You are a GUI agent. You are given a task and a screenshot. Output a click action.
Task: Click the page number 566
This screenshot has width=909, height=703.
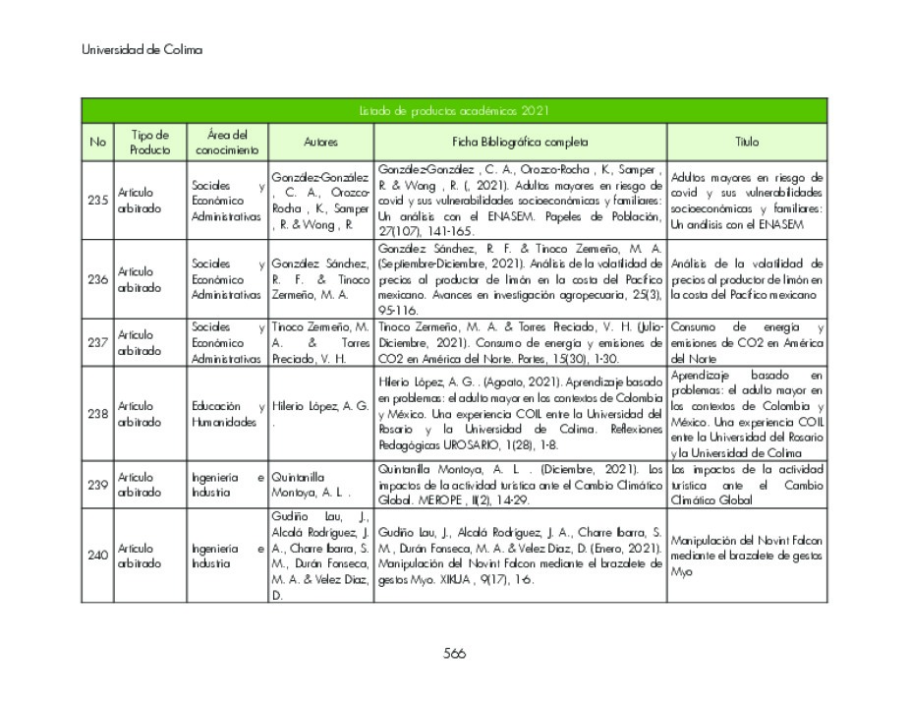click(454, 653)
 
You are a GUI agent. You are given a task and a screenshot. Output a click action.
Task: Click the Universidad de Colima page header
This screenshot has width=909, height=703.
click(142, 49)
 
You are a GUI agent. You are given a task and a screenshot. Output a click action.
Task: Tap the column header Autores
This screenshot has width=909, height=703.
click(320, 142)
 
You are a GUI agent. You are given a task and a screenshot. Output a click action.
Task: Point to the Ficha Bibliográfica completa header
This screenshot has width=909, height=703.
click(520, 142)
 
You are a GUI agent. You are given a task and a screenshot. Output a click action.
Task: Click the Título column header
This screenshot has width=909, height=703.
click(747, 142)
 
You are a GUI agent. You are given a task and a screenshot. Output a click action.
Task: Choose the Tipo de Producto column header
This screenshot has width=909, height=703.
click(149, 142)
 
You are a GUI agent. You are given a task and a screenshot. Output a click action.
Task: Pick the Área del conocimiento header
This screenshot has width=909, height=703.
click(227, 142)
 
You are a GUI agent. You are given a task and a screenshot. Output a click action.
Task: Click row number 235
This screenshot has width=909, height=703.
click(97, 200)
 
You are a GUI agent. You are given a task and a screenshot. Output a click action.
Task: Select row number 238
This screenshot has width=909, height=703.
click(97, 414)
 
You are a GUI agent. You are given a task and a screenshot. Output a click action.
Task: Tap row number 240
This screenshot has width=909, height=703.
click(97, 556)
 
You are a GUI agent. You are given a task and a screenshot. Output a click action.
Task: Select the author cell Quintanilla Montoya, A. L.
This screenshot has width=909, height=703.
click(320, 485)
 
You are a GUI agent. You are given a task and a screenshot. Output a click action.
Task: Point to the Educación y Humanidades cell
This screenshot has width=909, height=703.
click(227, 414)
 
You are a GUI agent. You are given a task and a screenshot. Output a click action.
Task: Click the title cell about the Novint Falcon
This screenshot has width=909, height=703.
click(747, 556)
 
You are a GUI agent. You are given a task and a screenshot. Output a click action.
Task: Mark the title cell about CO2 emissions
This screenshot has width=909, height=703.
click(747, 342)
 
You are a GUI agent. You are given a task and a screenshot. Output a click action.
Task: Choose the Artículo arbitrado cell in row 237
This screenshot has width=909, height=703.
click(149, 342)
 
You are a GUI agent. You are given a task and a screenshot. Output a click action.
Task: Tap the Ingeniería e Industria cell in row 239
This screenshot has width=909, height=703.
click(227, 485)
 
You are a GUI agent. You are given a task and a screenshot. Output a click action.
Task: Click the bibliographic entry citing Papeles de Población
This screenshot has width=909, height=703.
click(520, 200)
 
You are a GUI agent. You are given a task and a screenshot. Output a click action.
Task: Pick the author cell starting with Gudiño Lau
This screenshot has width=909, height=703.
click(320, 556)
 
